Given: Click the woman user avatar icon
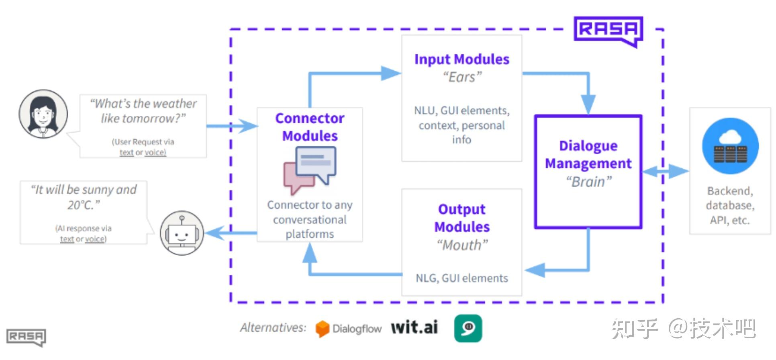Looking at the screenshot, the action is tap(43, 114).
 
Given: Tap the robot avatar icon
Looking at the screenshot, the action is tap(182, 233).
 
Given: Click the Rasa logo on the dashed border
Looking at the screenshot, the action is tap(608, 31).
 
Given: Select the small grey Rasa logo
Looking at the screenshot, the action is tap(26, 337).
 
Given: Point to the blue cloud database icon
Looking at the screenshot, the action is tap(730, 146).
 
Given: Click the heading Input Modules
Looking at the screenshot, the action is tap(462, 59).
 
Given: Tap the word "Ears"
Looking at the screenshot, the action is tap(462, 77).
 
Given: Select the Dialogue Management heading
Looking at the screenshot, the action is tap(588, 154).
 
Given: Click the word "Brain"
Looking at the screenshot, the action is tap(589, 182).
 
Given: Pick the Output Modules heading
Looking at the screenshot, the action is tap(462, 218).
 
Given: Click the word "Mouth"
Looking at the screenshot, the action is tap(462, 245).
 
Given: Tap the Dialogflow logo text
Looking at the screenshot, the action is tap(357, 329).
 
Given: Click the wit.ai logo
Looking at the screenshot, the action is tap(415, 327).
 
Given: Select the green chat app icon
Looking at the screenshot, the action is tap(468, 328).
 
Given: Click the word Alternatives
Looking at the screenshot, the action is tap(273, 327).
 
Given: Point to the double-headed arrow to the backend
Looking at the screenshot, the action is tap(666, 171).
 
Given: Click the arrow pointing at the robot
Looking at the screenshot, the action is tap(231, 233).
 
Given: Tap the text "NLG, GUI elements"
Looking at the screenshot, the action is tap(462, 278).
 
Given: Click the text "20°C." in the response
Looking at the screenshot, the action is tap(84, 205).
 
